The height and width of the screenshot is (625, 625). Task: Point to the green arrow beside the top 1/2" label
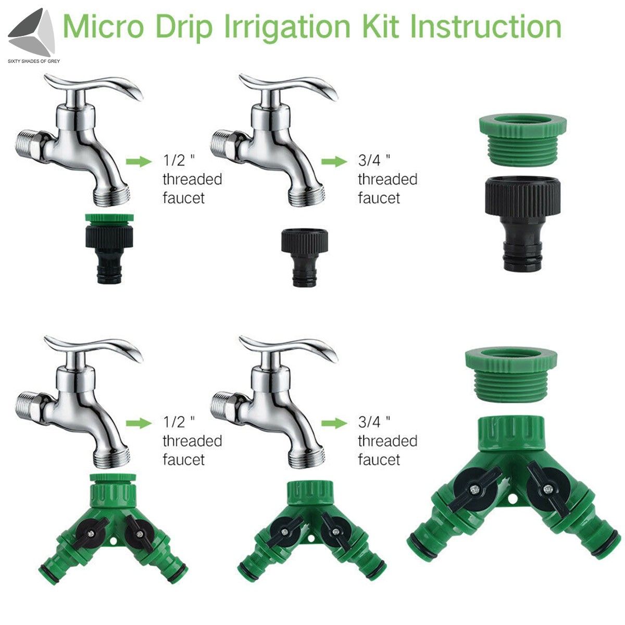137,161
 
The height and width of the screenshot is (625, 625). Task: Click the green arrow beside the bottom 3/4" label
333,423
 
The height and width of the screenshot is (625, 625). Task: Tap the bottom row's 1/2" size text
178,421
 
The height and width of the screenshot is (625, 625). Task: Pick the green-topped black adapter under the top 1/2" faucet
109,247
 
